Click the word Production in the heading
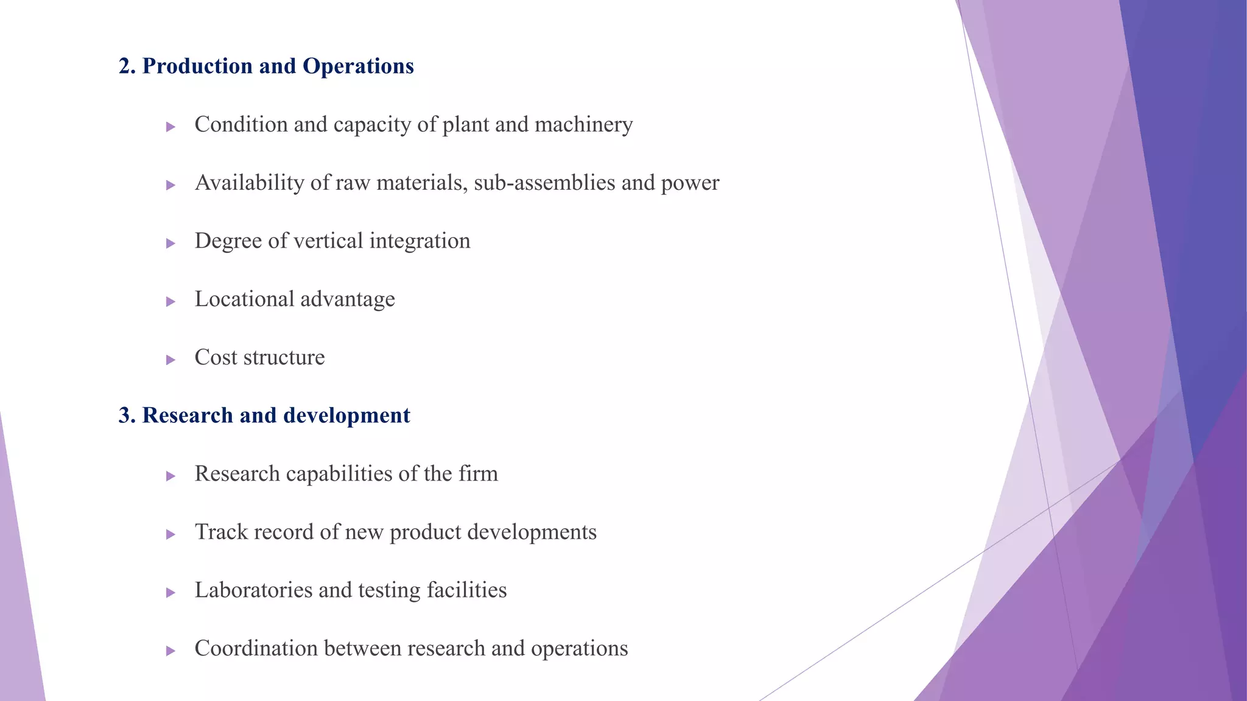[x=197, y=66]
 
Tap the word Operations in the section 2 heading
[x=358, y=66]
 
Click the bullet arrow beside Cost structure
[x=170, y=360]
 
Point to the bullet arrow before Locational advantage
[x=170, y=301]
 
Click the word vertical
[x=328, y=241]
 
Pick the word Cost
[x=216, y=357]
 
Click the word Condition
[x=241, y=125]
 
